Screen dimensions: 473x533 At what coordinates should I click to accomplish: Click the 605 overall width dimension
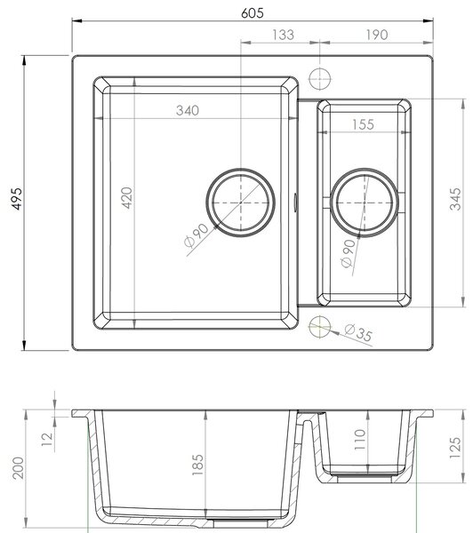pyautogui.click(x=253, y=13)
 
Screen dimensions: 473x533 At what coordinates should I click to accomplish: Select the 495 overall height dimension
pyautogui.click(x=17, y=198)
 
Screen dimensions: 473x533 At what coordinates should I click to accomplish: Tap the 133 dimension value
pyautogui.click(x=283, y=35)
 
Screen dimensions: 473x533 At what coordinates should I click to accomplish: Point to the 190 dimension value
pyautogui.click(x=377, y=35)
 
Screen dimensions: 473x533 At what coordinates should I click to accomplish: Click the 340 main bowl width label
pyautogui.click(x=188, y=110)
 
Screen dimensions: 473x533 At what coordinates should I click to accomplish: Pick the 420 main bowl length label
pyautogui.click(x=127, y=198)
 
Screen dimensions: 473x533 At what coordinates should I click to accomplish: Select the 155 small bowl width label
pyautogui.click(x=363, y=124)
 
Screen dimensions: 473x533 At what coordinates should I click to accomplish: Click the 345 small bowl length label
pyautogui.click(x=455, y=199)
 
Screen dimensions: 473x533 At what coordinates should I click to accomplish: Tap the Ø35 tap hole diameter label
pyautogui.click(x=358, y=332)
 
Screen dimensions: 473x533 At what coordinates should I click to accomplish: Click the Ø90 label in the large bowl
pyautogui.click(x=196, y=235)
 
